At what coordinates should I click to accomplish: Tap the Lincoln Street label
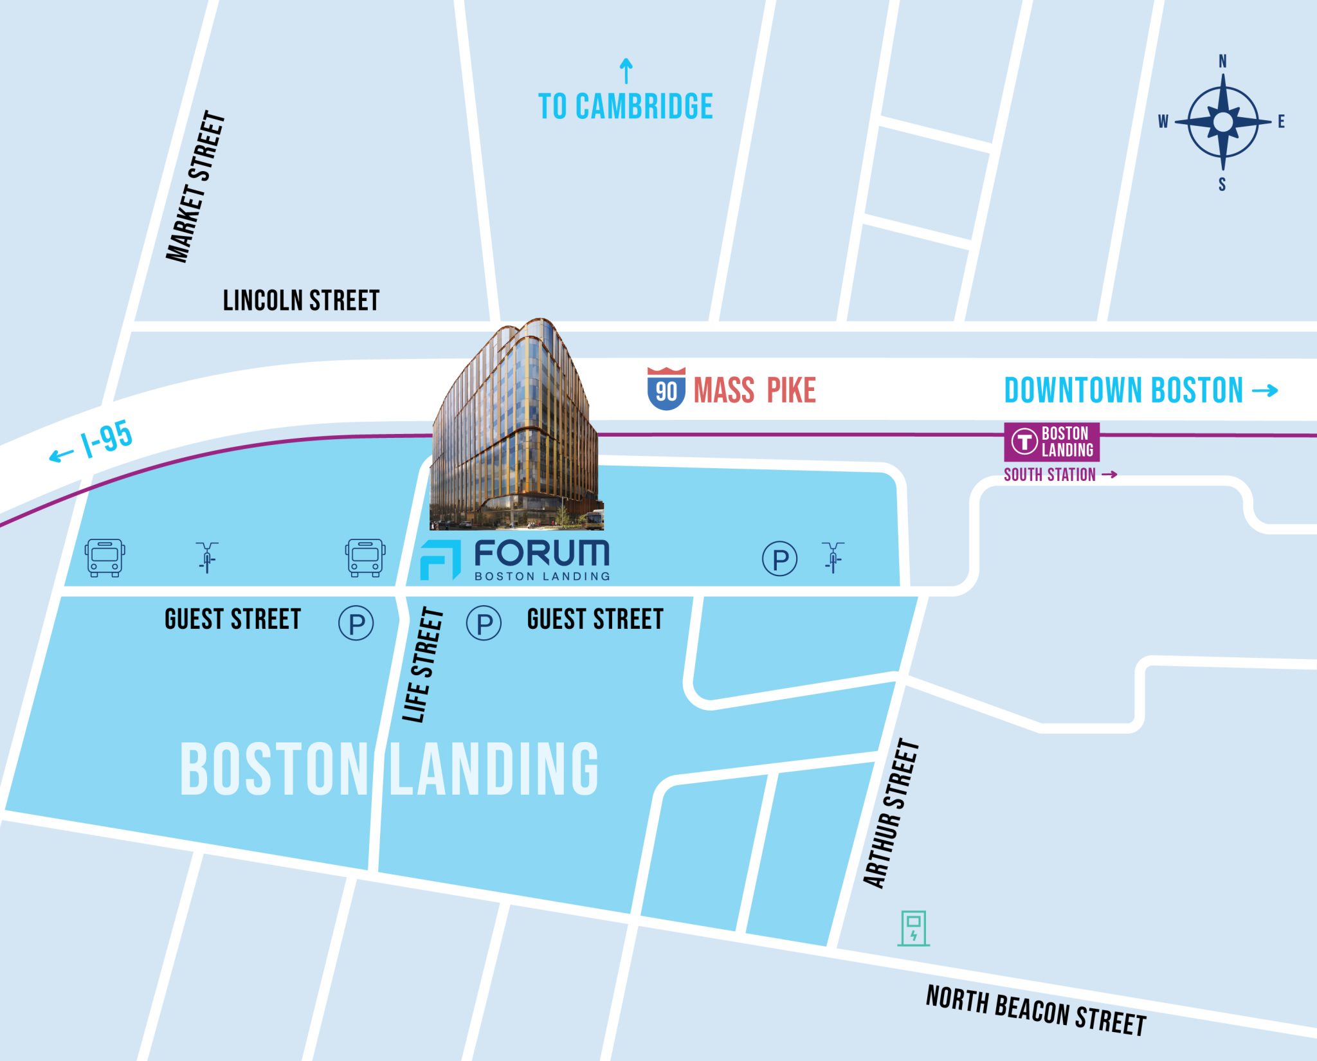[301, 300]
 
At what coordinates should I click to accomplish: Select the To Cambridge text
[625, 107]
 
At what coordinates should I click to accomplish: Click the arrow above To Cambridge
[626, 71]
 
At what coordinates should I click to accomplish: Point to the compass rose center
[1222, 122]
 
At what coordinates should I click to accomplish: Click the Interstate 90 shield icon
[666, 388]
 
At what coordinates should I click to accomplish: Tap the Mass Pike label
[754, 390]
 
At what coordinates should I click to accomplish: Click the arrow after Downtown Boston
[1265, 390]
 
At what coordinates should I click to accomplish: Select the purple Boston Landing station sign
[1051, 442]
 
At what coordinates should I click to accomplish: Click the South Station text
[1049, 475]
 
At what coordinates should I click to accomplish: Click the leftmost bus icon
[105, 558]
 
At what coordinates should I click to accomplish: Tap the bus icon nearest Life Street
[365, 558]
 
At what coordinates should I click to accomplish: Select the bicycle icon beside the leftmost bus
[207, 557]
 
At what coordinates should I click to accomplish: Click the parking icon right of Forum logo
[779, 558]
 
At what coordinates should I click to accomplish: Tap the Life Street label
[423, 665]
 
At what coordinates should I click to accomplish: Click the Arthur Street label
[892, 813]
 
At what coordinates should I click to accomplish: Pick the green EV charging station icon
[913, 928]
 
